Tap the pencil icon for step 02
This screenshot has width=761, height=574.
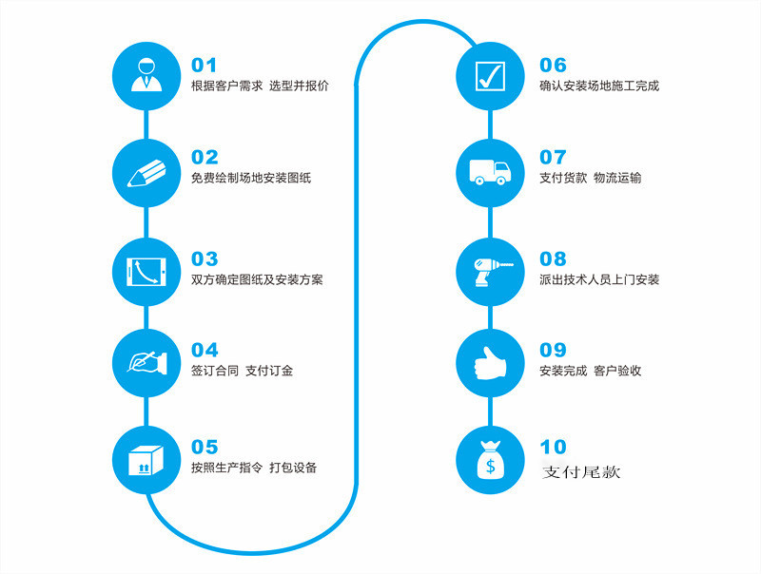coord(145,173)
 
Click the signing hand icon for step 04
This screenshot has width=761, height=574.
coord(145,363)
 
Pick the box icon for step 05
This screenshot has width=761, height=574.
coord(145,461)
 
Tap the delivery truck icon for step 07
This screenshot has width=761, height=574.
coord(490,173)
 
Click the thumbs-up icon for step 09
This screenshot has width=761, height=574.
coord(490,363)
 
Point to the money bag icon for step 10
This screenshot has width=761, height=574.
coord(490,461)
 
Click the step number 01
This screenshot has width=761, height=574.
coord(205,66)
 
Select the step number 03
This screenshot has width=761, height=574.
coord(205,258)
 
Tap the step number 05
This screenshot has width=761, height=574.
coord(205,447)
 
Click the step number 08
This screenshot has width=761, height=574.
coord(553,258)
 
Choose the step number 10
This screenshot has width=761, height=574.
coord(553,447)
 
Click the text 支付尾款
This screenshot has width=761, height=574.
coord(580,470)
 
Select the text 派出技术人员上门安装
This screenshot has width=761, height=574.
coord(599,279)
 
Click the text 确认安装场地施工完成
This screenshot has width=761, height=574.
coord(599,86)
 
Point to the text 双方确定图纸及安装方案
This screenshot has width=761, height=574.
coord(257,279)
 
